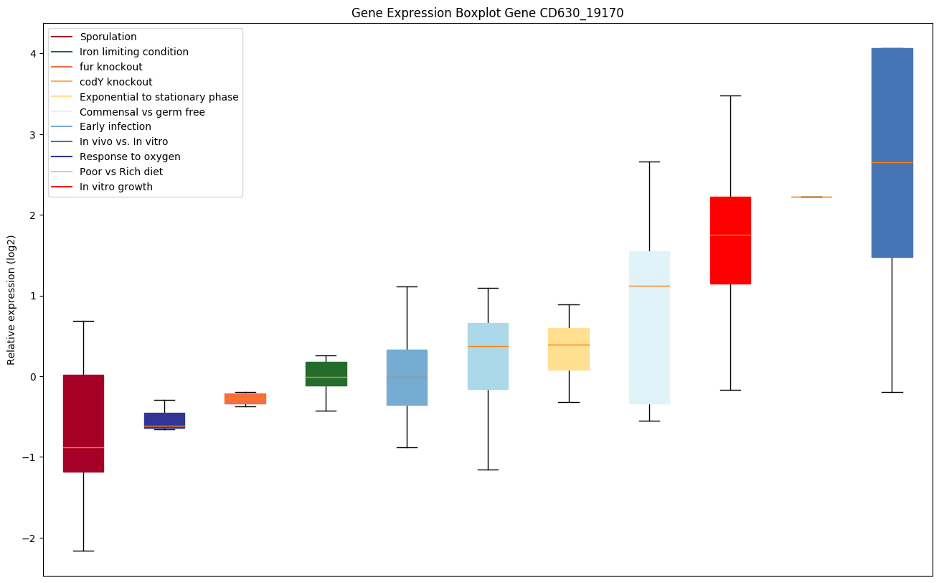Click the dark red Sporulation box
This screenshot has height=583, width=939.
83,423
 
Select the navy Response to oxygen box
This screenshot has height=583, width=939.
164,420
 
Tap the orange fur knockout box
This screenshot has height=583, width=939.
245,398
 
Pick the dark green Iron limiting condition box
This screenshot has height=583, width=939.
326,373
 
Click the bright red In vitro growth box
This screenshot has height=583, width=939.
730,240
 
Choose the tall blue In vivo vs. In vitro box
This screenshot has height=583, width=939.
892,152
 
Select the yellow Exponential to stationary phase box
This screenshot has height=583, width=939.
569,349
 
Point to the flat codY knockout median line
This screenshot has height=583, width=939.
811,197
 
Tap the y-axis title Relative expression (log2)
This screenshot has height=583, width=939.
11,300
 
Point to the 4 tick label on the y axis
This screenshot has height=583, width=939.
32,54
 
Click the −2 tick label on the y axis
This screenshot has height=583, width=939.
29,538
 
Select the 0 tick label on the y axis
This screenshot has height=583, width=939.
32,377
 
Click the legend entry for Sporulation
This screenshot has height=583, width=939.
108,37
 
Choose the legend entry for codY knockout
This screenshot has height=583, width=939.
115,82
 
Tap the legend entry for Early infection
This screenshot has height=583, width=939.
115,127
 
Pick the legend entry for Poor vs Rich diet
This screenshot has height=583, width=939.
121,172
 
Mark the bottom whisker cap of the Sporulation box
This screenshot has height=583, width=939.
83,551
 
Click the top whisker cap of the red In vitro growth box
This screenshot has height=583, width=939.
730,95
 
